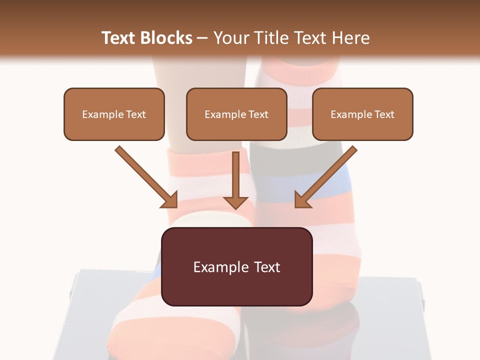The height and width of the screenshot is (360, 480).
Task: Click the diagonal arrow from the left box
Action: tap(145, 175)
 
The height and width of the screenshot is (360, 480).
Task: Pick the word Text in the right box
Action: tap(384, 114)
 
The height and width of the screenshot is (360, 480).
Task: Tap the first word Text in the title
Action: tap(119, 38)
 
